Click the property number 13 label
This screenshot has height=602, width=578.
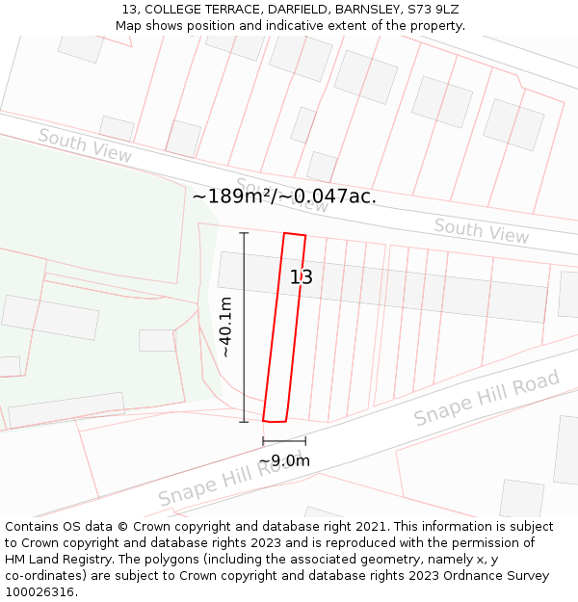pyautogui.click(x=302, y=277)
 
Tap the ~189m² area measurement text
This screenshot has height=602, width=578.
pyautogui.click(x=233, y=196)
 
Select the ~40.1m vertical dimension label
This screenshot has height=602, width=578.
pyautogui.click(x=226, y=327)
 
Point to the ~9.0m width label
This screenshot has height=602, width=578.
pyautogui.click(x=284, y=461)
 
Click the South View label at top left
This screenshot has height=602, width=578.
pyautogui.click(x=85, y=144)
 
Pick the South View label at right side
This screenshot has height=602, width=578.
pyautogui.click(x=481, y=230)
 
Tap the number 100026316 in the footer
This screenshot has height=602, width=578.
pyautogui.click(x=41, y=591)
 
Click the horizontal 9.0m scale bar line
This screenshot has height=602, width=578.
pyautogui.click(x=284, y=441)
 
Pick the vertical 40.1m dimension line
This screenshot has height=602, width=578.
pyautogui.click(x=244, y=327)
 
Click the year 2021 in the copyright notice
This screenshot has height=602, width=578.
pyautogui.click(x=371, y=527)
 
